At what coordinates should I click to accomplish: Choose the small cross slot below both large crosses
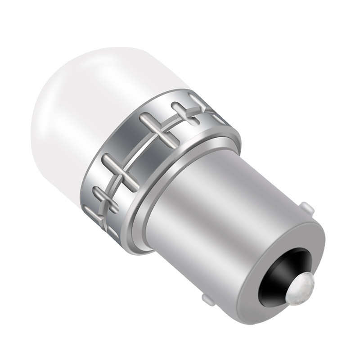tap(103, 200)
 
